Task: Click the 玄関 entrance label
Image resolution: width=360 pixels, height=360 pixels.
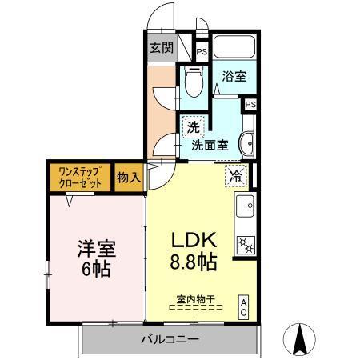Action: pos(161,47)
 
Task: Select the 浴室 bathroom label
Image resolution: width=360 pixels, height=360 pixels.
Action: pos(234,76)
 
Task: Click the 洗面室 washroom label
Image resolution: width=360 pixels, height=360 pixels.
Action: pos(210,146)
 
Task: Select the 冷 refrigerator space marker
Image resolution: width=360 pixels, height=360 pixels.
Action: pos(237,176)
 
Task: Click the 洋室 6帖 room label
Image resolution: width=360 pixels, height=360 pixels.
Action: pos(97,258)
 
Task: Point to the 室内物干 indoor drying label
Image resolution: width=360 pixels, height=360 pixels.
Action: pos(196,300)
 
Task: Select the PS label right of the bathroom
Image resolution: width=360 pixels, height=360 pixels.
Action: pos(250,104)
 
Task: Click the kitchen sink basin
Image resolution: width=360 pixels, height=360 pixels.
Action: pos(244,206)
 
